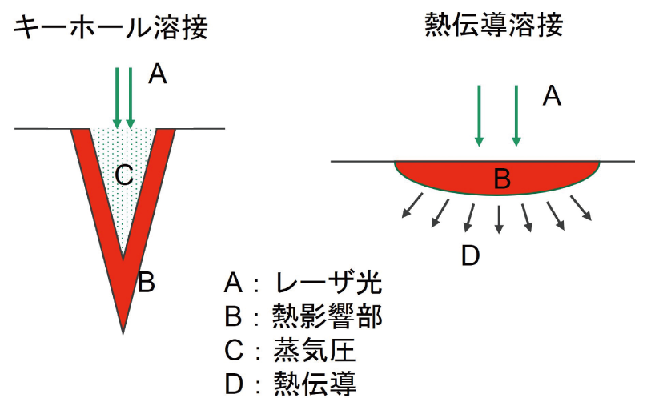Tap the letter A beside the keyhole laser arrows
tap(158, 74)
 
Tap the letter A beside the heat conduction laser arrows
tap(552, 96)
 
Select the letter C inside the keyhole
tap(123, 175)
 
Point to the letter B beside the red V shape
tap(146, 282)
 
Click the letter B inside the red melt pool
tap(500, 179)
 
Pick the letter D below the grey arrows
tap(471, 255)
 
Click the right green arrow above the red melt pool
tap(516, 115)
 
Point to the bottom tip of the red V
tap(123, 328)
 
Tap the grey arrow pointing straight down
tap(499, 218)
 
